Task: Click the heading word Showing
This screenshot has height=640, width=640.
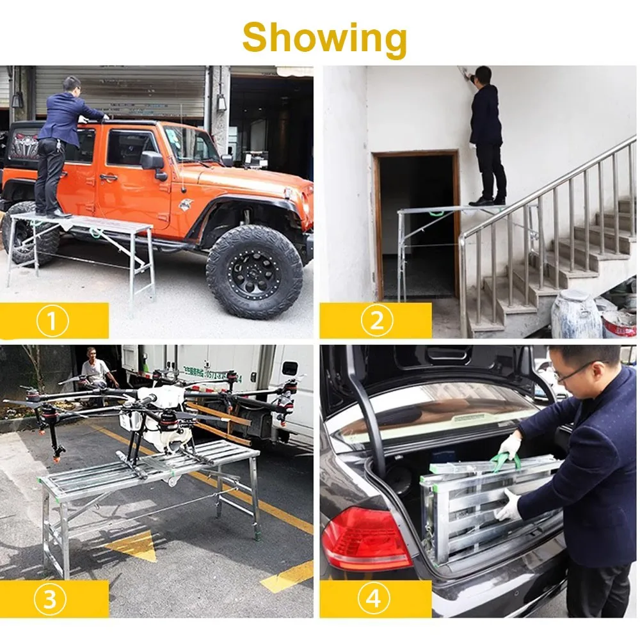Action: (324, 37)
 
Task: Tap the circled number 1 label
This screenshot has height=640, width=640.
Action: (52, 321)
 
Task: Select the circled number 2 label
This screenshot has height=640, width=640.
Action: (376, 321)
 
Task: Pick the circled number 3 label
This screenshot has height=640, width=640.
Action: (52, 599)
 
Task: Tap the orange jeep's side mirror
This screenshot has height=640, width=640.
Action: (153, 161)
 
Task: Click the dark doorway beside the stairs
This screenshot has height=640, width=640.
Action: (416, 224)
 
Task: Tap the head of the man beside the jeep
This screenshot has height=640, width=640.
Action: (72, 85)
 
